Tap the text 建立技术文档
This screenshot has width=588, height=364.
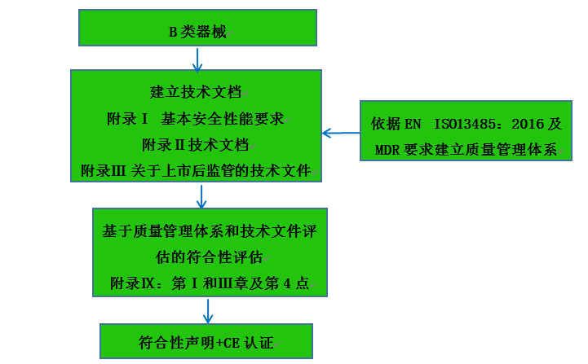coord(196,90)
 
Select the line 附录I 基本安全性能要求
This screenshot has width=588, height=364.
coord(196,118)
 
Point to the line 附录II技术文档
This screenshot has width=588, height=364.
coord(196,144)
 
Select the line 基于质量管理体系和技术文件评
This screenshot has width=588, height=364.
coord(210,230)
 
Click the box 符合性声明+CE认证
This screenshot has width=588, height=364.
coord(206,340)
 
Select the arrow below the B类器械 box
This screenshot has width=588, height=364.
coord(197,59)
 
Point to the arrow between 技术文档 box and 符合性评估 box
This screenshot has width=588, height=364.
coord(202,196)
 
